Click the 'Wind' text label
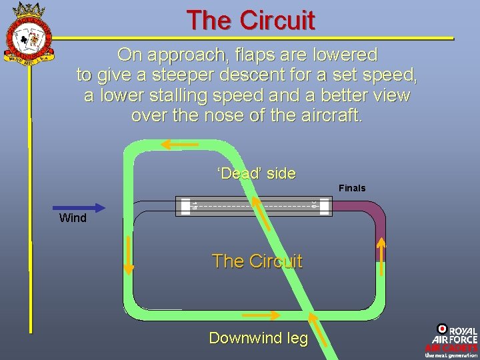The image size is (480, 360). [73, 218]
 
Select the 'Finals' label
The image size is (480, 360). [352, 188]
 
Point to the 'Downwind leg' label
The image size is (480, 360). [259, 338]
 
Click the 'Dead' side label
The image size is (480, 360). [257, 174]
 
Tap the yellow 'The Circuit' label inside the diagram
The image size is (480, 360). [257, 261]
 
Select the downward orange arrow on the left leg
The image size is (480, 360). [129, 256]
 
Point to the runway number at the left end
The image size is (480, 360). [194, 206]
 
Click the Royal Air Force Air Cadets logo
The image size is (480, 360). [451, 341]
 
